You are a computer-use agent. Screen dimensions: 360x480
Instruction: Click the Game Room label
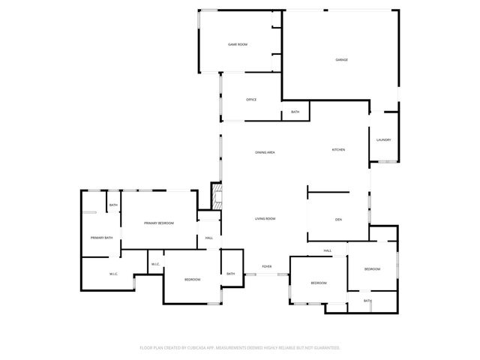pyautogui.click(x=238, y=45)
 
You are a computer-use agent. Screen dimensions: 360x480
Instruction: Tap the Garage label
pyautogui.click(x=341, y=60)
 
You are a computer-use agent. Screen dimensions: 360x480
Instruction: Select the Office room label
pyautogui.click(x=251, y=100)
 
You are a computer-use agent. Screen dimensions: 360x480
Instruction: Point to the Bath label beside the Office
pyautogui.click(x=295, y=112)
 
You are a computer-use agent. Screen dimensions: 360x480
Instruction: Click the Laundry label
pyautogui.click(x=383, y=140)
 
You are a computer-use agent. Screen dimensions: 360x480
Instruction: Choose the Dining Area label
pyautogui.click(x=265, y=153)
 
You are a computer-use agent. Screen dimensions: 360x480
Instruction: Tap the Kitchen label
pyautogui.click(x=338, y=150)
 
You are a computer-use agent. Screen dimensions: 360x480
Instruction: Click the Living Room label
pyautogui.click(x=265, y=218)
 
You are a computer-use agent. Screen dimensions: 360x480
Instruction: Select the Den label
pyautogui.click(x=338, y=219)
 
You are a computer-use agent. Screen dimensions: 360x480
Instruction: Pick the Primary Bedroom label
pyautogui.click(x=159, y=223)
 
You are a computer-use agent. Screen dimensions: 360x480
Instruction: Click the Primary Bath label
pyautogui.click(x=101, y=238)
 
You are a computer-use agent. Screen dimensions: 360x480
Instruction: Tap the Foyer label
pyautogui.click(x=266, y=266)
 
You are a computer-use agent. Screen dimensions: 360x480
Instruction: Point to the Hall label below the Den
pyautogui.click(x=328, y=250)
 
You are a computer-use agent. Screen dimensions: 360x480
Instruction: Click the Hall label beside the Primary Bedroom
pyautogui.click(x=208, y=238)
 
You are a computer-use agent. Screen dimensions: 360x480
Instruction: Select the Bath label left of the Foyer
pyautogui.click(x=230, y=274)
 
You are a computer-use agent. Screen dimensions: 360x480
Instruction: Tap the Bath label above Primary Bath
pyautogui.click(x=113, y=205)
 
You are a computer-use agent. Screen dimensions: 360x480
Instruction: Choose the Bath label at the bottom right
pyautogui.click(x=367, y=301)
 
